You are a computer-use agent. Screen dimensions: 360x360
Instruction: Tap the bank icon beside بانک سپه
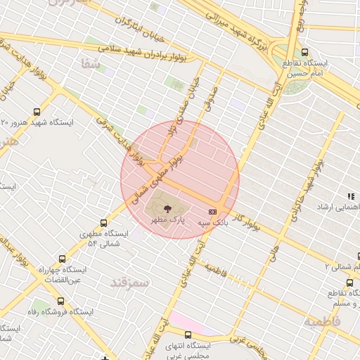(x=212, y=211)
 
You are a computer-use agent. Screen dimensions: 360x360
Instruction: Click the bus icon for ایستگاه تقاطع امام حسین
(x=304, y=52)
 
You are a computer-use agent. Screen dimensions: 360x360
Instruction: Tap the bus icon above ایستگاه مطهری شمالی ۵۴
(x=104, y=223)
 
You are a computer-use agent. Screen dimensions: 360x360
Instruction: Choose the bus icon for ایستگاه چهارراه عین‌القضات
(x=63, y=259)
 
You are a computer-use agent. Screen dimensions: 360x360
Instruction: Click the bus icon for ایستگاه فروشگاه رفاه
(x=62, y=300)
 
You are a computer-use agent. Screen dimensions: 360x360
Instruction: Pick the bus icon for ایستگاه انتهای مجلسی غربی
(x=188, y=335)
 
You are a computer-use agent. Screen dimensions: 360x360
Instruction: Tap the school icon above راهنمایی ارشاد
(x=350, y=196)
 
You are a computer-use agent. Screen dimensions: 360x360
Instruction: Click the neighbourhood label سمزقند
(x=131, y=282)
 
